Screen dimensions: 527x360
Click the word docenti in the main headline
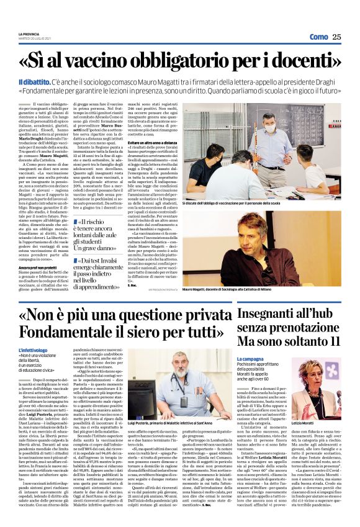[300, 62]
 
